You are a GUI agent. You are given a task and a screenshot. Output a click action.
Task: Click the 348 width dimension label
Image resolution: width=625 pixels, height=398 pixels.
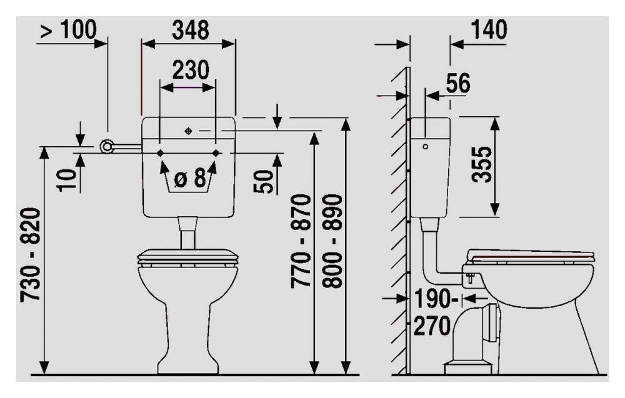[190, 30]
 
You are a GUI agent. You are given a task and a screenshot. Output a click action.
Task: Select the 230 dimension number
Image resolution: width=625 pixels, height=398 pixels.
[190, 70]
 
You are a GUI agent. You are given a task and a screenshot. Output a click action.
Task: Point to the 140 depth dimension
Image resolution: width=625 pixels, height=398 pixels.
[489, 30]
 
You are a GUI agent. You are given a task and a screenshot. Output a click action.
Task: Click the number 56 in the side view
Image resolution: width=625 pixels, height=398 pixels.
[458, 83]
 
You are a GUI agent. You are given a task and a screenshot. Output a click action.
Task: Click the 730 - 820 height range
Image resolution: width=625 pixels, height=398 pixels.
[30, 254]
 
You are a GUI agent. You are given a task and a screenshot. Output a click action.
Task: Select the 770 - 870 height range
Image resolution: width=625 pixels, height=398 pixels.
[300, 241]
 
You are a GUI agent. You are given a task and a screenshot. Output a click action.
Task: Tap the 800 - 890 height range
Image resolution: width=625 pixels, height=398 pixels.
[332, 241]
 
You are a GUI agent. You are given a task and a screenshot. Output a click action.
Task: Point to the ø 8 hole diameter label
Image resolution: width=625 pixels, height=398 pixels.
[190, 178]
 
